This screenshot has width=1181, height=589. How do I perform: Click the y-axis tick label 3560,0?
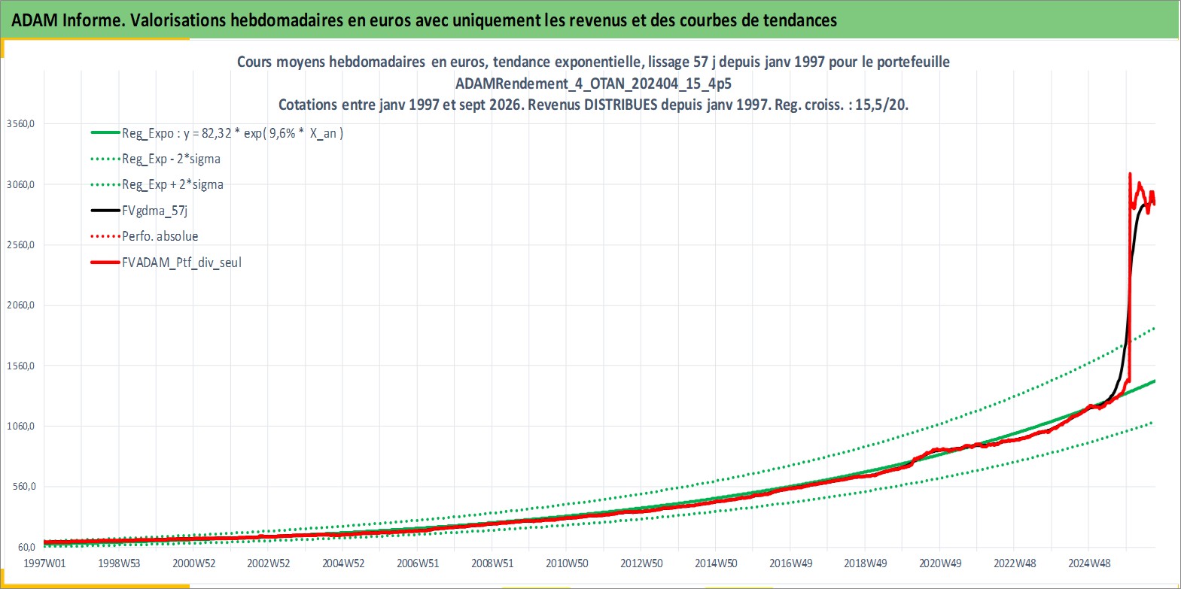click(20, 124)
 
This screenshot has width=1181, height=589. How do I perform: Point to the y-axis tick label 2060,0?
click(20, 305)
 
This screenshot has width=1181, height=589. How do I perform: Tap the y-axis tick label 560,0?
click(24, 486)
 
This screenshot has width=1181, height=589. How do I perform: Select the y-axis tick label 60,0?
click(26, 547)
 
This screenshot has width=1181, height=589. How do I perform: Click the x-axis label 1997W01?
click(44, 563)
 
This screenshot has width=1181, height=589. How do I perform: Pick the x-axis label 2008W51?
click(492, 563)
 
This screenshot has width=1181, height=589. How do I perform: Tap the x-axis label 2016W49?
click(790, 563)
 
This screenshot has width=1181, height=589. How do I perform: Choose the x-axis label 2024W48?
click(1088, 563)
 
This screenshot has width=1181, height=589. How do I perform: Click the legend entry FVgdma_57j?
click(154, 211)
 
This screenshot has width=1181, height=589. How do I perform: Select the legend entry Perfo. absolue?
click(160, 236)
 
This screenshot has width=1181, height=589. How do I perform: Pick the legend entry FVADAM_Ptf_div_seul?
click(181, 263)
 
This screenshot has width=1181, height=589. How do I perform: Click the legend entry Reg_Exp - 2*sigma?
click(171, 159)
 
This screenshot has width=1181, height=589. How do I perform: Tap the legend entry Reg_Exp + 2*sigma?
click(172, 185)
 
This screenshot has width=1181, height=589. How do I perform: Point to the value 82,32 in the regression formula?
click(217, 133)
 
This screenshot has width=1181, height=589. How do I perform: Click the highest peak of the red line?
click(1129, 173)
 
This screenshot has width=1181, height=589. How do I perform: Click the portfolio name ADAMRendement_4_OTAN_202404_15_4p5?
click(593, 83)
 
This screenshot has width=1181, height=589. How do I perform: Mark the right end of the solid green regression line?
click(1155, 381)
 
